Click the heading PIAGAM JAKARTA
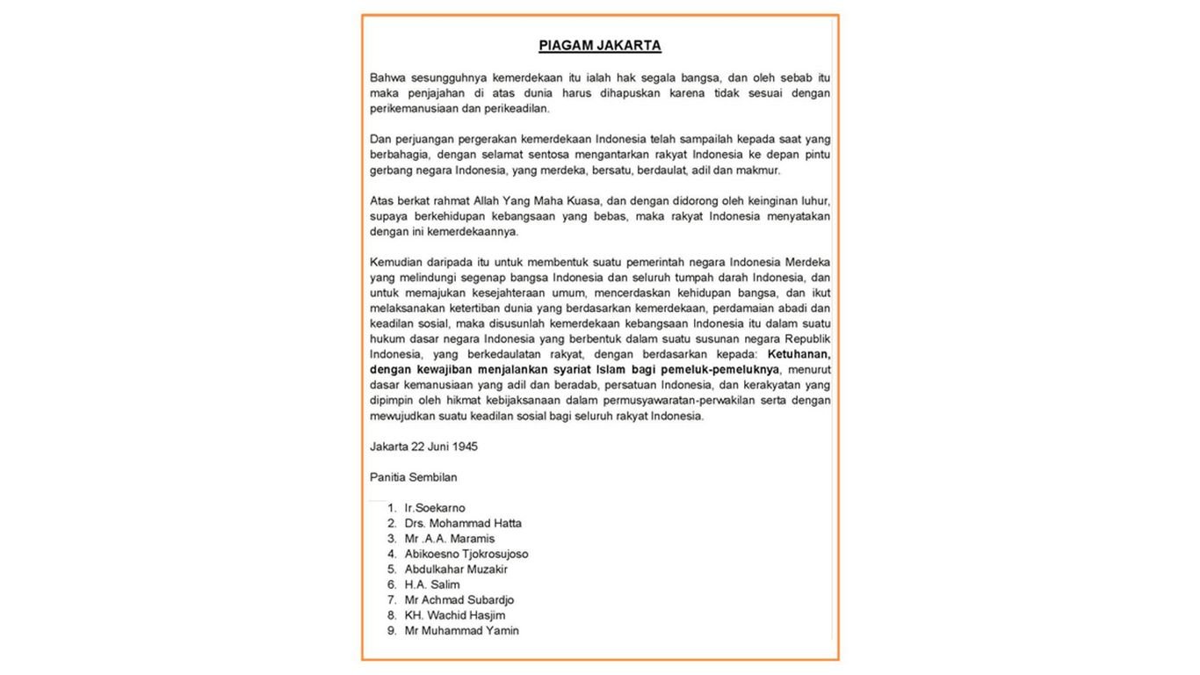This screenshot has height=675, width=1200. [x=600, y=46]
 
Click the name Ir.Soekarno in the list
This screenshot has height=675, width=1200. [x=435, y=508]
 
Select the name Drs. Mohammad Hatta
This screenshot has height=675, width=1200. [x=463, y=523]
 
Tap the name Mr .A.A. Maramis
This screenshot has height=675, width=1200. [x=450, y=539]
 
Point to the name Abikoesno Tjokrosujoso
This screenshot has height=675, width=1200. [x=466, y=554]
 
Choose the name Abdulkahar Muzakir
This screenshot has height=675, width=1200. [x=456, y=570]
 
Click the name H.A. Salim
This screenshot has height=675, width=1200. [x=432, y=584]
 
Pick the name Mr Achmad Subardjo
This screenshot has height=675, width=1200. [x=459, y=600]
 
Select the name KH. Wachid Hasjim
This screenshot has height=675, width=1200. [x=455, y=615]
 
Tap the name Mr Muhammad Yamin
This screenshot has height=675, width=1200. [x=462, y=631]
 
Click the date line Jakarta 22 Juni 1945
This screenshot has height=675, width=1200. [x=423, y=446]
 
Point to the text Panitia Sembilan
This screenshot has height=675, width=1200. [x=413, y=477]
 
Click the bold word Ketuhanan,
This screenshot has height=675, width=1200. [x=799, y=354]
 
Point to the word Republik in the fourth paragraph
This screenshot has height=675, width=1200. [x=808, y=339]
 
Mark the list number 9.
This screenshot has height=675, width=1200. [x=391, y=631]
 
